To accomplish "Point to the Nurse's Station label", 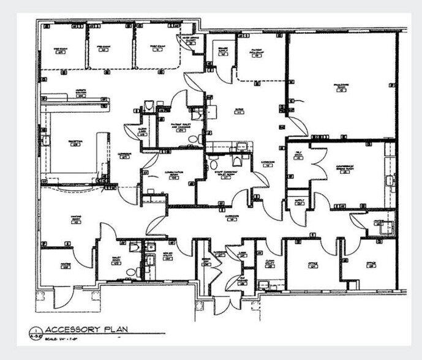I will (80, 93).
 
